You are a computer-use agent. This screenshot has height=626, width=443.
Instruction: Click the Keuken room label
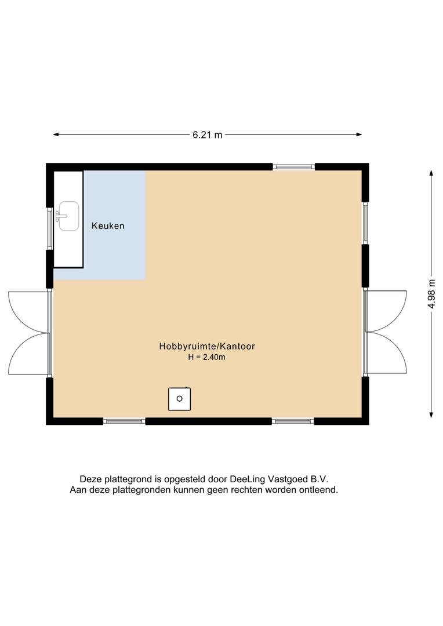tap(108, 226)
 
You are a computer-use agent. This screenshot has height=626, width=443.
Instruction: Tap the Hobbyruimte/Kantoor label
tap(207, 346)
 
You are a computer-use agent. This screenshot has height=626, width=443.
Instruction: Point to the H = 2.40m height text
tap(206, 357)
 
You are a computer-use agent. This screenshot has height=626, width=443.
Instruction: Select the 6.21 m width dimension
tap(208, 135)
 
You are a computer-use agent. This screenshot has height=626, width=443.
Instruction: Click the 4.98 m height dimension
tap(431, 294)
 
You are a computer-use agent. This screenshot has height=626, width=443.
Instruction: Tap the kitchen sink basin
tap(68, 216)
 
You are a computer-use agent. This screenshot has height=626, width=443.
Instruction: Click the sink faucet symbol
tap(59, 216)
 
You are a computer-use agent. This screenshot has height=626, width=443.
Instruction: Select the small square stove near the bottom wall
tap(179, 399)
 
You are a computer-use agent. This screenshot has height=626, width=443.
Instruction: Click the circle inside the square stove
tap(179, 398)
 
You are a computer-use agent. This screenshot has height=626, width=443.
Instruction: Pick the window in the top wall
tap(293, 167)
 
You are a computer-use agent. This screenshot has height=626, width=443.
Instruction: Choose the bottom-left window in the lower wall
tap(124, 421)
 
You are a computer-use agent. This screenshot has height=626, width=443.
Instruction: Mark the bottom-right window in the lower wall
tap(293, 421)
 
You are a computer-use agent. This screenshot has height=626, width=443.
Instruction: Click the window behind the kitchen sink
tap(50, 229)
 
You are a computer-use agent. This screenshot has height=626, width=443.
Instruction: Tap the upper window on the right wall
tap(365, 223)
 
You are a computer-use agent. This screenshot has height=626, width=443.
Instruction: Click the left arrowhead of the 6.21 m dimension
tap(56, 134)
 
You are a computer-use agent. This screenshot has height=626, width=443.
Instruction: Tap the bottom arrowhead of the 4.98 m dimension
tap(431, 414)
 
